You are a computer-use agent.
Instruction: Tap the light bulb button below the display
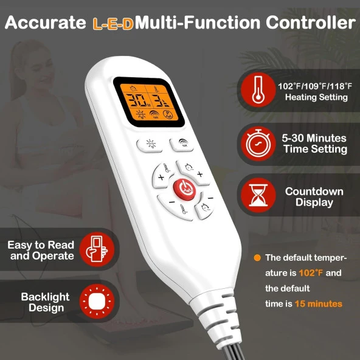tap(150, 145)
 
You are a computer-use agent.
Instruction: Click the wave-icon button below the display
tap(182, 144)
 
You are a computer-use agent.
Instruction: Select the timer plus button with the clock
tap(193, 173)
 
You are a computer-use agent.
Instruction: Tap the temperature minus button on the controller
tap(177, 207)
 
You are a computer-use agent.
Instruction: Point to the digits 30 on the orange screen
tap(136, 100)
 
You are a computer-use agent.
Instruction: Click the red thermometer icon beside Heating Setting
tap(258, 90)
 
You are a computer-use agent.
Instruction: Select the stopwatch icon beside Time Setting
tap(258, 144)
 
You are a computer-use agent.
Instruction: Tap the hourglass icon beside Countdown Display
tap(258, 195)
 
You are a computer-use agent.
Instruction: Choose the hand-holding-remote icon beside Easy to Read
tap(97, 249)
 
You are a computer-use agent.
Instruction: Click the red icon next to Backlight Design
tap(97, 301)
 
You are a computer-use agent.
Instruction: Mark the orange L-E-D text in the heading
tap(113, 24)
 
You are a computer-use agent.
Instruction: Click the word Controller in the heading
tap(311, 22)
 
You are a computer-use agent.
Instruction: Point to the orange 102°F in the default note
tap(311, 273)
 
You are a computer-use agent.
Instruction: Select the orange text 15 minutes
tap(319, 304)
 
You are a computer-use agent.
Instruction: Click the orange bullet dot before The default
tap(257, 258)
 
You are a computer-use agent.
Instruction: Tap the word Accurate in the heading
tap(46, 22)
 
